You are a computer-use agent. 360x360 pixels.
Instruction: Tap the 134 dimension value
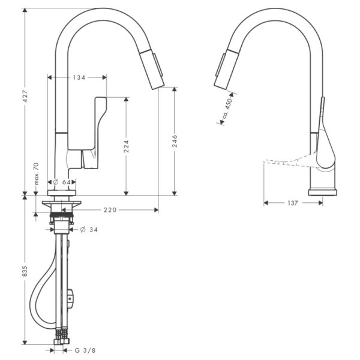78,77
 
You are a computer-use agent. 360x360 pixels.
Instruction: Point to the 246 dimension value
174,141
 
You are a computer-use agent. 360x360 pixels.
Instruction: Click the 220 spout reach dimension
110,210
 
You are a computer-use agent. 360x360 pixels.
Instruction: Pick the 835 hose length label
25,272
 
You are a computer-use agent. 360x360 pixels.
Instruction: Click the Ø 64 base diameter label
63,182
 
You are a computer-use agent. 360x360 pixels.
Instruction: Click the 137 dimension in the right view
292,203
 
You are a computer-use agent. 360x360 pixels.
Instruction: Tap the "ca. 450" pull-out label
227,109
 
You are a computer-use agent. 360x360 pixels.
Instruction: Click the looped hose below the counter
37,300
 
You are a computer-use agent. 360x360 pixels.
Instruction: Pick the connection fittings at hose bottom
61,337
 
